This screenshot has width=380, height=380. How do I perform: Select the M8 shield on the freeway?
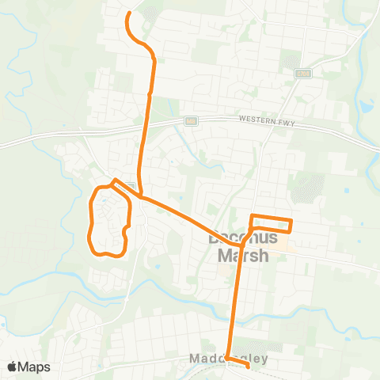click(x=191, y=121)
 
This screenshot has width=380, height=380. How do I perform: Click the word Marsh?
click(x=241, y=256)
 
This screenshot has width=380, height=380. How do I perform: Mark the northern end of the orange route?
click(x=128, y=13)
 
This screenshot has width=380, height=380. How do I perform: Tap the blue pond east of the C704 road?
click(x=365, y=105)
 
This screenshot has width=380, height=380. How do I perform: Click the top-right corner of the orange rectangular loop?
click(x=291, y=220)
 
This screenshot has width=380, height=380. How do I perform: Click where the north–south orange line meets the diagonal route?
click(x=141, y=194)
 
